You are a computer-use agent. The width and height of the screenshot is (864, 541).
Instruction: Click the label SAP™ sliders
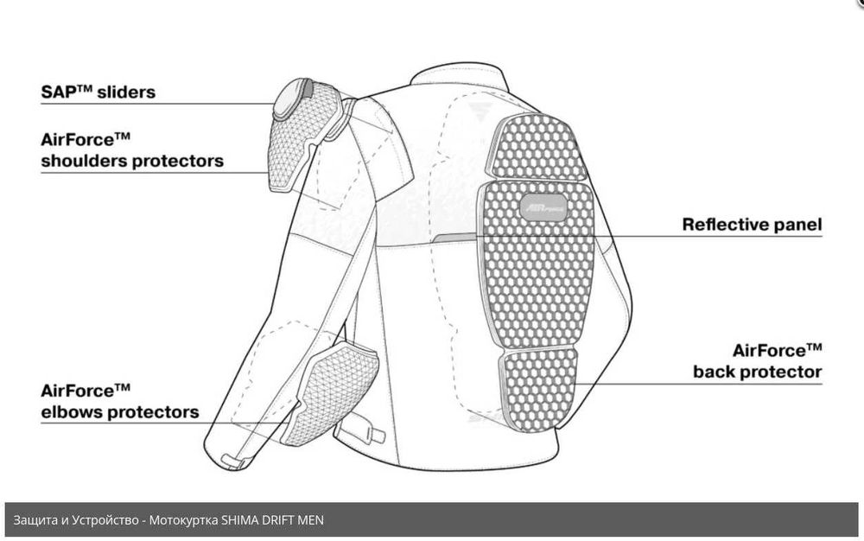click(x=98, y=92)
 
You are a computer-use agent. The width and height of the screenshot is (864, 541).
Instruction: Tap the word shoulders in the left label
click(x=85, y=161)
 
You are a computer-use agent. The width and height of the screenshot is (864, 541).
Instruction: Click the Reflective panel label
click(x=752, y=225)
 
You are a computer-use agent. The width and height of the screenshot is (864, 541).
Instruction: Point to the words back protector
click(x=757, y=372)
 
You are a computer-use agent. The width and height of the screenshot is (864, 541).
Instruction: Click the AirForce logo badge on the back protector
click(x=543, y=208)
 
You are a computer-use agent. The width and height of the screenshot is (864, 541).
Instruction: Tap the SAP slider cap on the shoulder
click(x=293, y=99)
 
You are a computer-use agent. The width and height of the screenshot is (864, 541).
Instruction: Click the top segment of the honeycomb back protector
click(x=537, y=147)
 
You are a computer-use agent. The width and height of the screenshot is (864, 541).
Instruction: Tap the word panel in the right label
click(x=797, y=225)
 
